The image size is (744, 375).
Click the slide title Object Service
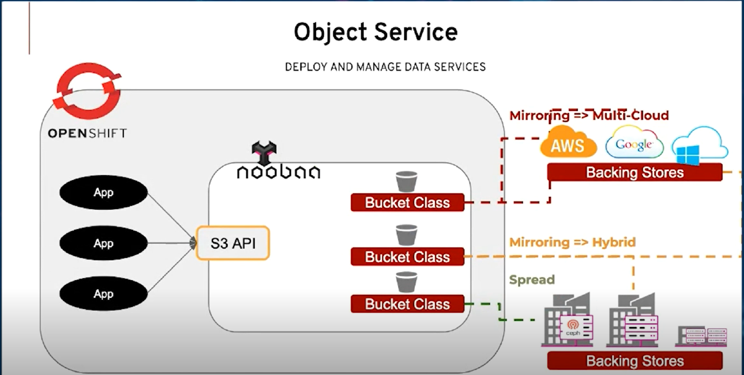(375, 32)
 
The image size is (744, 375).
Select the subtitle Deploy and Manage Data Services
(385, 67)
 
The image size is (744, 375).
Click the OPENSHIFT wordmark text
(87, 134)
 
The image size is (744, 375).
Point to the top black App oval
(103, 193)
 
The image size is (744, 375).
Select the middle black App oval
(103, 244)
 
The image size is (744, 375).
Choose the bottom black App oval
(103, 294)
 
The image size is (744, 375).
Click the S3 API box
(233, 244)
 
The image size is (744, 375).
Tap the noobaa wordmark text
(278, 172)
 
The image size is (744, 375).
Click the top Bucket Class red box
(407, 202)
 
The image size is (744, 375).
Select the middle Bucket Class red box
(407, 257)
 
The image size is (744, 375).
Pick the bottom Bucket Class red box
(407, 304)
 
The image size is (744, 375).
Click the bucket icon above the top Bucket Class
(406, 182)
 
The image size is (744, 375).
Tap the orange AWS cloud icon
(568, 144)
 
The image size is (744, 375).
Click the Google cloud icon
(634, 144)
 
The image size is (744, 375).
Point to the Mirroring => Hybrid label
(572, 242)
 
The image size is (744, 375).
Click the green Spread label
(532, 280)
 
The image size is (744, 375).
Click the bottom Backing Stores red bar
(635, 361)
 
